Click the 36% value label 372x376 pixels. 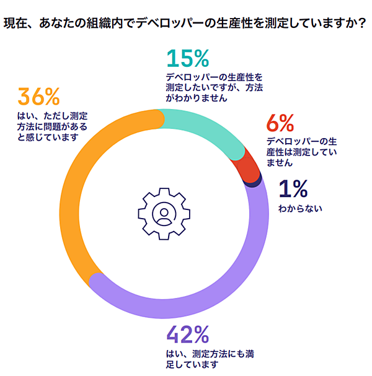click(38, 98)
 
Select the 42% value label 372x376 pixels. click(188, 335)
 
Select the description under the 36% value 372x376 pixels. click(54, 127)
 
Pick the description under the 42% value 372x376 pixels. click(202, 359)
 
